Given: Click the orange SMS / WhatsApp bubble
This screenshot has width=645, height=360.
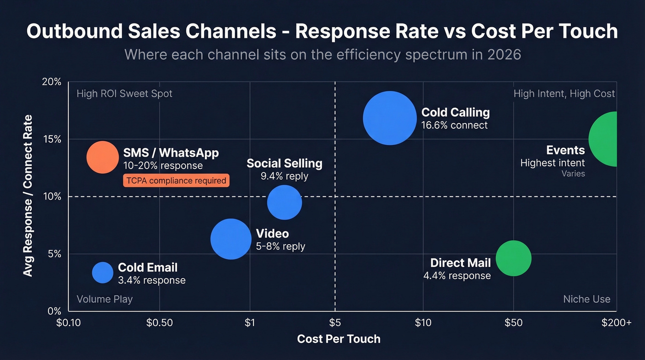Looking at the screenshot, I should pos(103,157).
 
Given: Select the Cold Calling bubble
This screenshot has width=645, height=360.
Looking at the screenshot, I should pos(390,118).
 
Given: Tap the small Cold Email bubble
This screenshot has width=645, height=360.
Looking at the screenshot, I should pos(102,272).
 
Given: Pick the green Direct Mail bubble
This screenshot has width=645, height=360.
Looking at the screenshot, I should pos(513,258).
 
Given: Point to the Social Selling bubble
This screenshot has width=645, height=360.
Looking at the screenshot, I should pos(284,202).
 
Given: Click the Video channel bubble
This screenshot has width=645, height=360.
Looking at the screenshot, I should pos(231,239).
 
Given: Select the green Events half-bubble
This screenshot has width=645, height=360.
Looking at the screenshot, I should pos(604,139).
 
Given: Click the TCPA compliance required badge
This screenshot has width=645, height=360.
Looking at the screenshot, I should pos(176,181).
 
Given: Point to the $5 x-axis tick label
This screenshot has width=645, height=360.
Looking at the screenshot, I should pos(335,323).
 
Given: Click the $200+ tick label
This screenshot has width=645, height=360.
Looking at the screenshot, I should pos(616,323).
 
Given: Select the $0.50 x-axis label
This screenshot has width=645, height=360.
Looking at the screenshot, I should pos(159,323).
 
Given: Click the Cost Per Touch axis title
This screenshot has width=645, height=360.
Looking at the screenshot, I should pos(339,339).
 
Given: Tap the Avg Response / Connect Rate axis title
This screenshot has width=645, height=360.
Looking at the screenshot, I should pos(28,196).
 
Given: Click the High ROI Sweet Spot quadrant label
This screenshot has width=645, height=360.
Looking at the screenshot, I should pos(124,94).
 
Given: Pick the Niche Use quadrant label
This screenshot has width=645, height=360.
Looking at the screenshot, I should pos(586,299).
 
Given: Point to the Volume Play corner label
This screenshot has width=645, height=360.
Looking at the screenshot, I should pos(105,299).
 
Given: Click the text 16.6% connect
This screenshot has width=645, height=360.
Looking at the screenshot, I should pos(454,125).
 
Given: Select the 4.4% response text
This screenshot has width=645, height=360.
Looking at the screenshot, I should pos(457,276).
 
